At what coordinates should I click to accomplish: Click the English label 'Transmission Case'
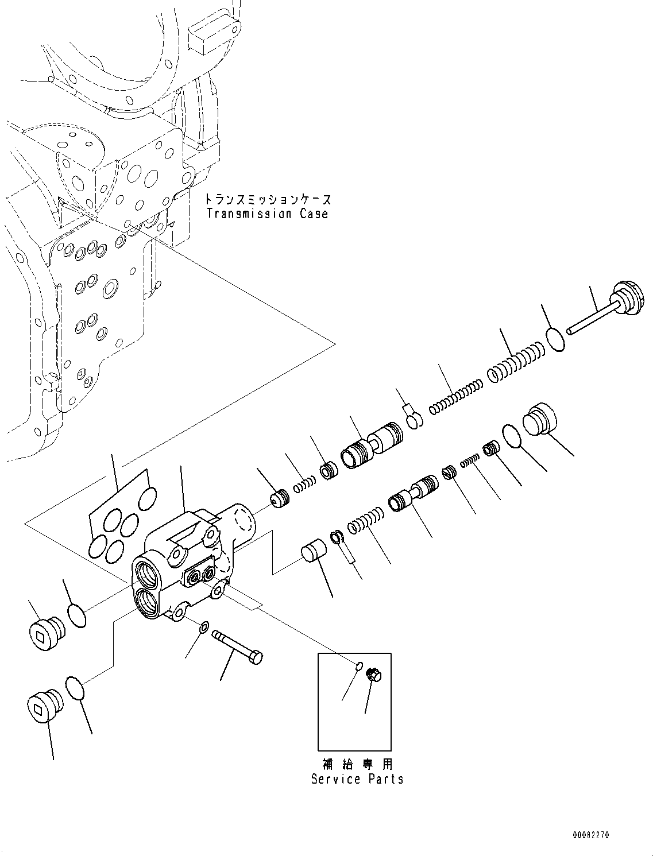(x=267, y=214)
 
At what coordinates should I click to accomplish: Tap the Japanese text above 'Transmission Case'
(x=268, y=199)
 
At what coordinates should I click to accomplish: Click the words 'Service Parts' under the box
(x=357, y=779)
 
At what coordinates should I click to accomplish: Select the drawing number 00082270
(x=590, y=835)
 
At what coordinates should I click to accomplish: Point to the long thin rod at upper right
(x=592, y=318)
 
